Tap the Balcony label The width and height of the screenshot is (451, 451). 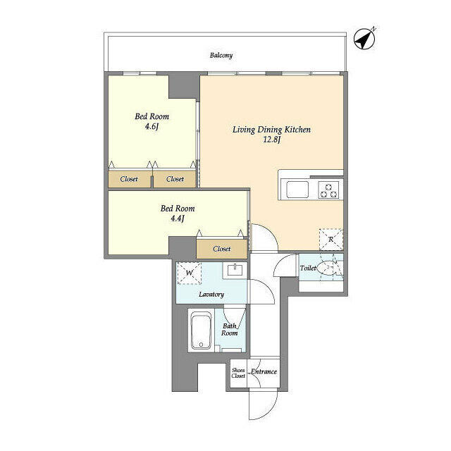221,55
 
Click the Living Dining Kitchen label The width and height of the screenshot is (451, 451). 271,130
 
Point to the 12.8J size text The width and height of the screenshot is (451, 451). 271,140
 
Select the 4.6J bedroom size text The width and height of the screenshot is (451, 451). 151,127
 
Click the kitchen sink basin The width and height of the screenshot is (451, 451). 295,189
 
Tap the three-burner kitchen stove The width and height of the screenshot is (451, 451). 328,189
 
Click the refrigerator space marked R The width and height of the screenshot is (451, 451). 330,240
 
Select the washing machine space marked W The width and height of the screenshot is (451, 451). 189,273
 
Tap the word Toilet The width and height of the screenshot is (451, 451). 307,268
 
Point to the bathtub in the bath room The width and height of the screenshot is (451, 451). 202,331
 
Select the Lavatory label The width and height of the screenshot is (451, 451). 211,295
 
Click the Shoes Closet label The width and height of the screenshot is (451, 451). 238,372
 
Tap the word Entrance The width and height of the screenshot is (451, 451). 264,371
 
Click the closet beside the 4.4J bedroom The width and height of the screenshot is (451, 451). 221,249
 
